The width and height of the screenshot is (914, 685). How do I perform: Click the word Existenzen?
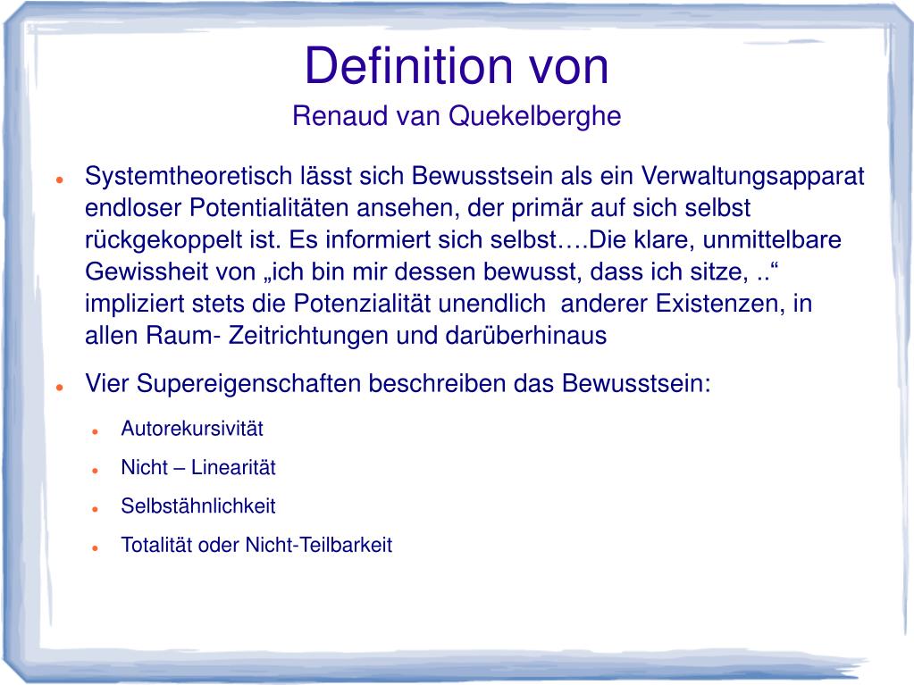point(720,304)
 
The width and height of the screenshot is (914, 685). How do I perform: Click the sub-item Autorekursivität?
point(192,428)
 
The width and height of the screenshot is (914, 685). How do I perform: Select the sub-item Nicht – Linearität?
point(198,467)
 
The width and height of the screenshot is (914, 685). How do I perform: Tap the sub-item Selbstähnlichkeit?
point(198,506)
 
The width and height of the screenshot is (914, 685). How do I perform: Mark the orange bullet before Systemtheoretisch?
point(57,179)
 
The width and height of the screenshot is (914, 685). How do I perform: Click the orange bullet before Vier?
point(57,388)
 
